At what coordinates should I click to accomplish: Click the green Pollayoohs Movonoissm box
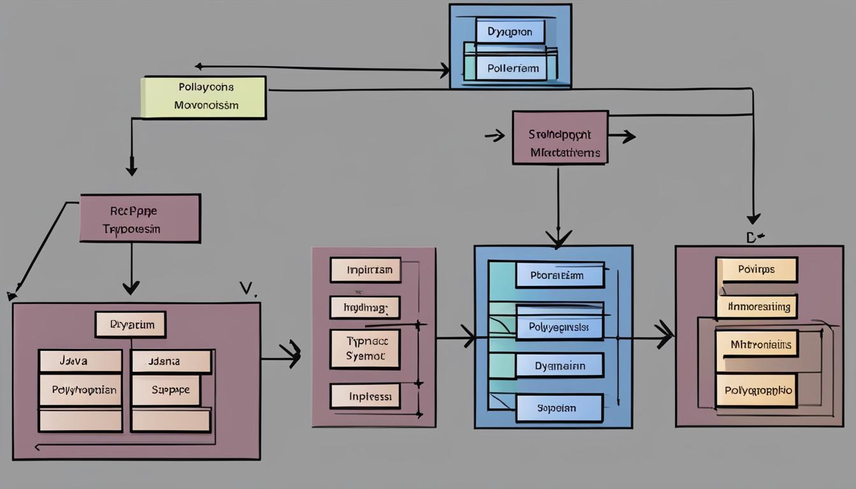tap(203, 97)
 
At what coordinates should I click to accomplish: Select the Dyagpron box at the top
tap(510, 31)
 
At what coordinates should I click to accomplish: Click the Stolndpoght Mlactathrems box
tap(560, 138)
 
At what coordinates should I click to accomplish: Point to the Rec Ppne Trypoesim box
tap(139, 218)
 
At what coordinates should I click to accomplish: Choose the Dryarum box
tap(131, 324)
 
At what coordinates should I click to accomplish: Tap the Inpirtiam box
tap(366, 269)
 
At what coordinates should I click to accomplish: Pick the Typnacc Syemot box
tap(365, 349)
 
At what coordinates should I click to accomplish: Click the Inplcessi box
tap(365, 395)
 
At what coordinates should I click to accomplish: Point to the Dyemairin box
tap(559, 365)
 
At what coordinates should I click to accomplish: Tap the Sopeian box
tap(559, 407)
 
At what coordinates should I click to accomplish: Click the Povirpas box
tap(757, 269)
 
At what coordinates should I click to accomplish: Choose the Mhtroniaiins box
tap(757, 344)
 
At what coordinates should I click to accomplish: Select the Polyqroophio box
tap(757, 390)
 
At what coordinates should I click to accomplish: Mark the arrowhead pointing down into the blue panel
tap(558, 239)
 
